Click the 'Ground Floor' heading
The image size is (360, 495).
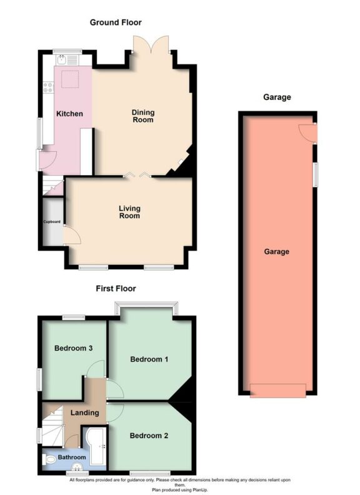coord(116,22)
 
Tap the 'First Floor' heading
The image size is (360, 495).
coord(116,289)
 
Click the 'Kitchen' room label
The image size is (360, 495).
coord(70,114)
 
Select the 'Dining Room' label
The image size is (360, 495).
coord(142,116)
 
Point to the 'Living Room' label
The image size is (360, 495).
coord(130,212)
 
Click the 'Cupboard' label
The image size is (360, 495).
coord(52,222)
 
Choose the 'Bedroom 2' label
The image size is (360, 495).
coord(149,436)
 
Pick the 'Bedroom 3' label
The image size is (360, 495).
coord(74,348)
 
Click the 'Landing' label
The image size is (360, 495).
coord(84,412)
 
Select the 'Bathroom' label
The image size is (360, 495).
coord(72,457)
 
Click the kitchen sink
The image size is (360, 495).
coord(63,59)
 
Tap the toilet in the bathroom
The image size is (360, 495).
coord(51,460)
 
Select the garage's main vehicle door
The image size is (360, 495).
coord(277,391)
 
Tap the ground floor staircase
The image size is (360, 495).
coord(52,186)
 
